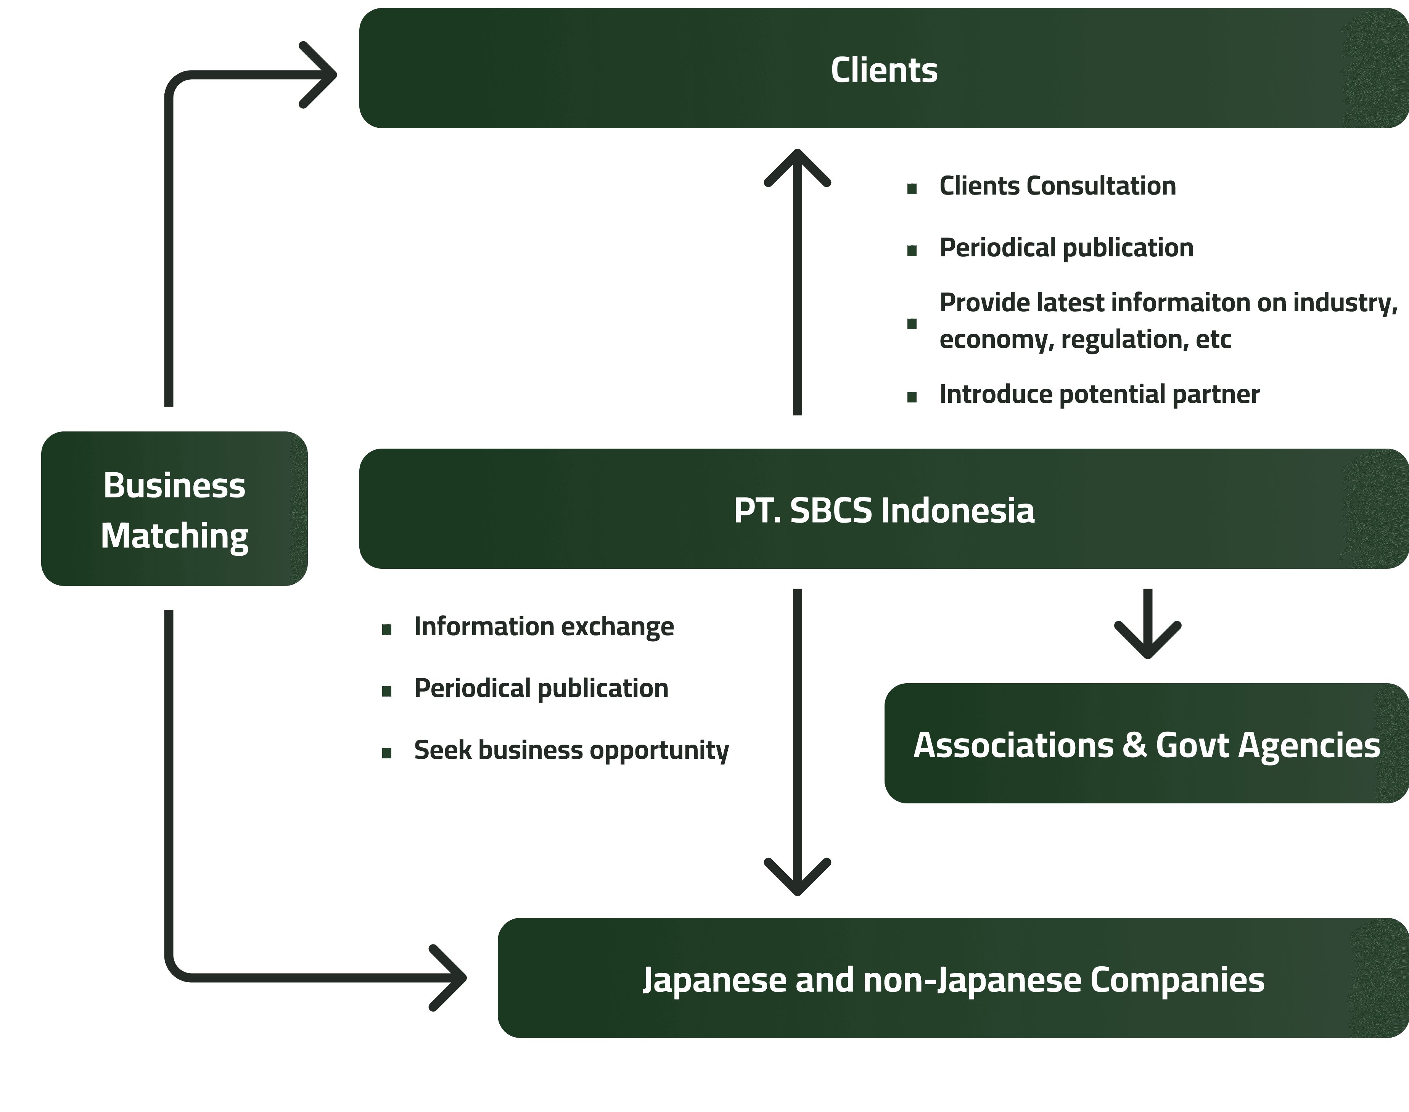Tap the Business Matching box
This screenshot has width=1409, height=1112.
click(x=174, y=509)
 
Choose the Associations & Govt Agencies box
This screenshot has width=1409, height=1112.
click(x=1146, y=743)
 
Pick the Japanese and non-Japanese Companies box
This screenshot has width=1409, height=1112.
click(x=953, y=978)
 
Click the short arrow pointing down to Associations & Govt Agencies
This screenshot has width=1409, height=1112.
click(x=1147, y=625)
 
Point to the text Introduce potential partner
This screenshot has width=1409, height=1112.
click(x=1099, y=394)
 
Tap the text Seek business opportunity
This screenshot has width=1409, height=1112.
click(x=571, y=750)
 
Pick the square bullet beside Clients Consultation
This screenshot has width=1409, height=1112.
click(x=912, y=189)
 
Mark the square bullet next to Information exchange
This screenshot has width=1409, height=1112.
click(x=387, y=629)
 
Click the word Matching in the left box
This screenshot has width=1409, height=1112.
click(x=174, y=536)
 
